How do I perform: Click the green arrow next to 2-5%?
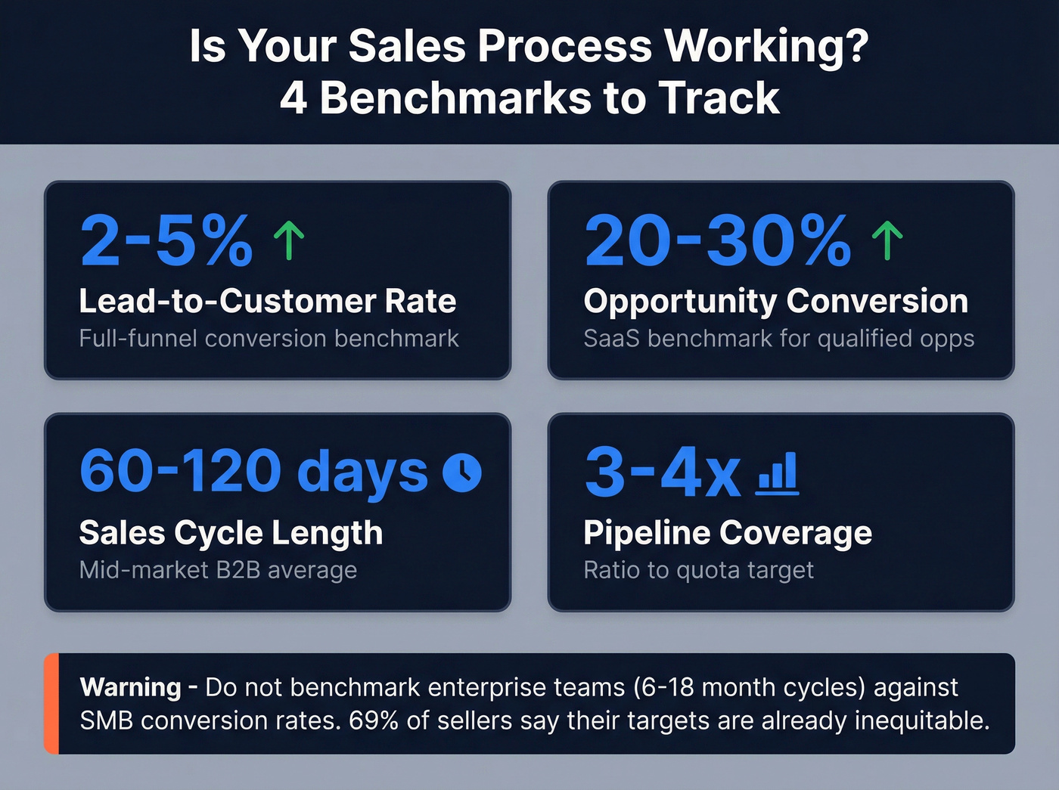pos(289,240)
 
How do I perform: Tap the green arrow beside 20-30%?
pos(887,240)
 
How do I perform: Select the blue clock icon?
pos(462,472)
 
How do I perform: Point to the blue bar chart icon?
pos(777,473)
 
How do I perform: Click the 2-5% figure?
pos(166,240)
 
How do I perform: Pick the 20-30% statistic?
pos(717,240)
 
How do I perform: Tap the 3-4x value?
pos(662,472)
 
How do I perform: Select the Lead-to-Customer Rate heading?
pos(268,301)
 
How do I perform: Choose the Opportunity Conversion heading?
pos(775,301)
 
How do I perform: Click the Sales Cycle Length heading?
pos(231,533)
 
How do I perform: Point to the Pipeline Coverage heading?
pos(728,533)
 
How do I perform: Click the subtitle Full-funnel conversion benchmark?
pos(269,338)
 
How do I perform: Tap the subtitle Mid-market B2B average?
pos(218,569)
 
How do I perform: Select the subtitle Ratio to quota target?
pos(698,569)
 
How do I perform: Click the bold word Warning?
pos(131,687)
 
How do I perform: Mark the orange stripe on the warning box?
pos(51,703)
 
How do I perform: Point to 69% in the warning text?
pos(374,720)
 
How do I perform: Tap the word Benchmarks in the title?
pos(455,98)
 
